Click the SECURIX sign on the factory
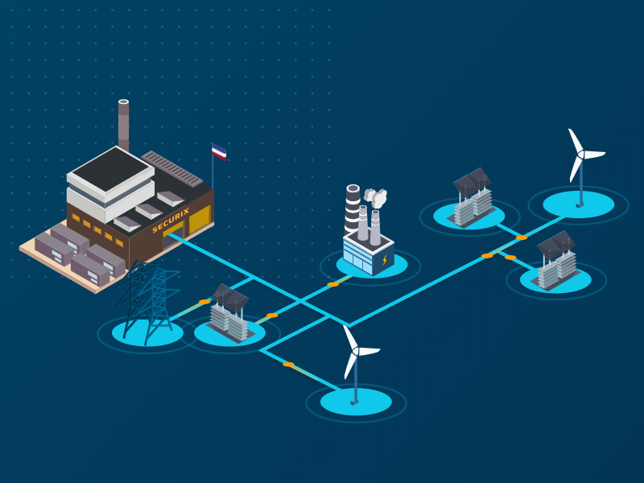[171, 220]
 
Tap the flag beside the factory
[218, 152]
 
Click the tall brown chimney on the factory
[124, 126]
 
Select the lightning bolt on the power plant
[385, 259]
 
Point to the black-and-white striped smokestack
[353, 209]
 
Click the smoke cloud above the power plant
[375, 197]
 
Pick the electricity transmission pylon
[148, 301]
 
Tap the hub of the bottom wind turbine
[356, 351]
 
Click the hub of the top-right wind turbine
[580, 155]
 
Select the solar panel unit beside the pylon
[229, 313]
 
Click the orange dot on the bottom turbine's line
[288, 365]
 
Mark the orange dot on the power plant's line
[332, 284]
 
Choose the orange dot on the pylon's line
[204, 302]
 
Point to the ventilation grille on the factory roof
[171, 168]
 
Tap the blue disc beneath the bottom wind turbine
[356, 401]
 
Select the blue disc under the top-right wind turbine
[579, 204]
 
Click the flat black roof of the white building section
[110, 169]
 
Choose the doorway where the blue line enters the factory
[173, 238]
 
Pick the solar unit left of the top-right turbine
[473, 197]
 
